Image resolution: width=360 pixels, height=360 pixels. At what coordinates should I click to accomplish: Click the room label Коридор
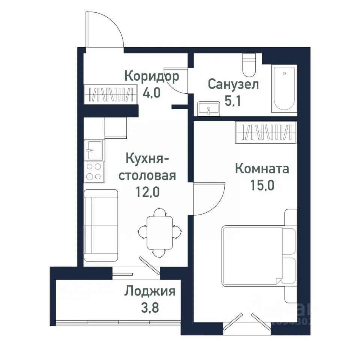point(151,76)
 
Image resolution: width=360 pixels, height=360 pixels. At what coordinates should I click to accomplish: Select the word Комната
point(262,169)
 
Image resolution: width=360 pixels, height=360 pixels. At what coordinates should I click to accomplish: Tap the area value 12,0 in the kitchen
point(148,192)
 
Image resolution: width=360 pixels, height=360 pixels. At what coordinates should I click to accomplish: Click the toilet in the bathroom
point(249,65)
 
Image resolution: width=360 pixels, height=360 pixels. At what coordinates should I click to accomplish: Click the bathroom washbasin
point(208,108)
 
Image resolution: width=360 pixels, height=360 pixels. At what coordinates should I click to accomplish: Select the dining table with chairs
point(160,232)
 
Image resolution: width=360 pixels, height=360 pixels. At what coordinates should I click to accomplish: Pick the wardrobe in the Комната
point(266,132)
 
